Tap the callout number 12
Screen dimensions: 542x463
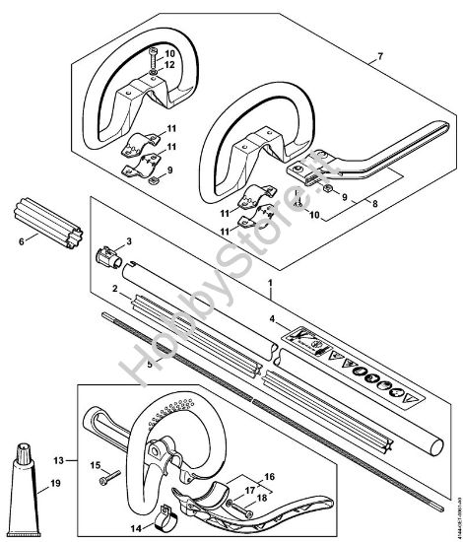pyautogui.click(x=169, y=65)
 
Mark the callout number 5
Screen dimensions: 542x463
pyautogui.click(x=149, y=364)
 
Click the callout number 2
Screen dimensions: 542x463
pyautogui.click(x=116, y=288)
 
